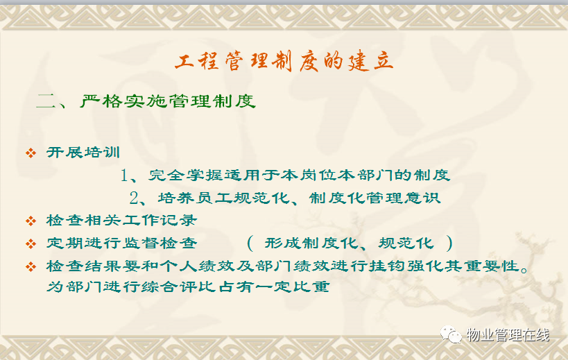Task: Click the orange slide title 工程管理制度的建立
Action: click(284, 61)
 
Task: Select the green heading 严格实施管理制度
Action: click(168, 101)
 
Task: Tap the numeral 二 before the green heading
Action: click(45, 101)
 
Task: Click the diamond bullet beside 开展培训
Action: click(31, 153)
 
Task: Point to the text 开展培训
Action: click(83, 153)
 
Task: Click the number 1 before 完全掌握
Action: click(124, 175)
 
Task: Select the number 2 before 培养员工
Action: click(134, 198)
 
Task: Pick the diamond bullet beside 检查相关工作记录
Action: click(31, 221)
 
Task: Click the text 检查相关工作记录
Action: click(122, 220)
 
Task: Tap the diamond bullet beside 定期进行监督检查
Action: click(31, 243)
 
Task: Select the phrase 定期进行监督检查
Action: click(122, 243)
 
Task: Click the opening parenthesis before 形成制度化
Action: click(250, 243)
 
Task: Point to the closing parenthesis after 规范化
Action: click(449, 243)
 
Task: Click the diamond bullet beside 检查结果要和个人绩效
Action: click(31, 267)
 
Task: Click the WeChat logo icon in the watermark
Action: click(451, 334)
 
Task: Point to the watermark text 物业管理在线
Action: click(508, 334)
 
